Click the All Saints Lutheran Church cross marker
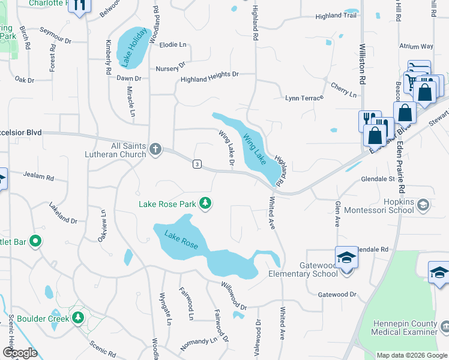click(x=155, y=148)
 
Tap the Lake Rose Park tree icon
click(x=205, y=204)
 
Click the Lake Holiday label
click(x=132, y=47)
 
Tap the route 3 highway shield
click(x=196, y=163)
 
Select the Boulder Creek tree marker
click(x=77, y=317)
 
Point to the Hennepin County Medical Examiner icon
click(x=445, y=327)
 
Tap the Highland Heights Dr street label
click(x=209, y=77)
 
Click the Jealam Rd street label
click(x=38, y=178)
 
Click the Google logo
click(x=20, y=353)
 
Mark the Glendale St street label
click(x=377, y=179)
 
